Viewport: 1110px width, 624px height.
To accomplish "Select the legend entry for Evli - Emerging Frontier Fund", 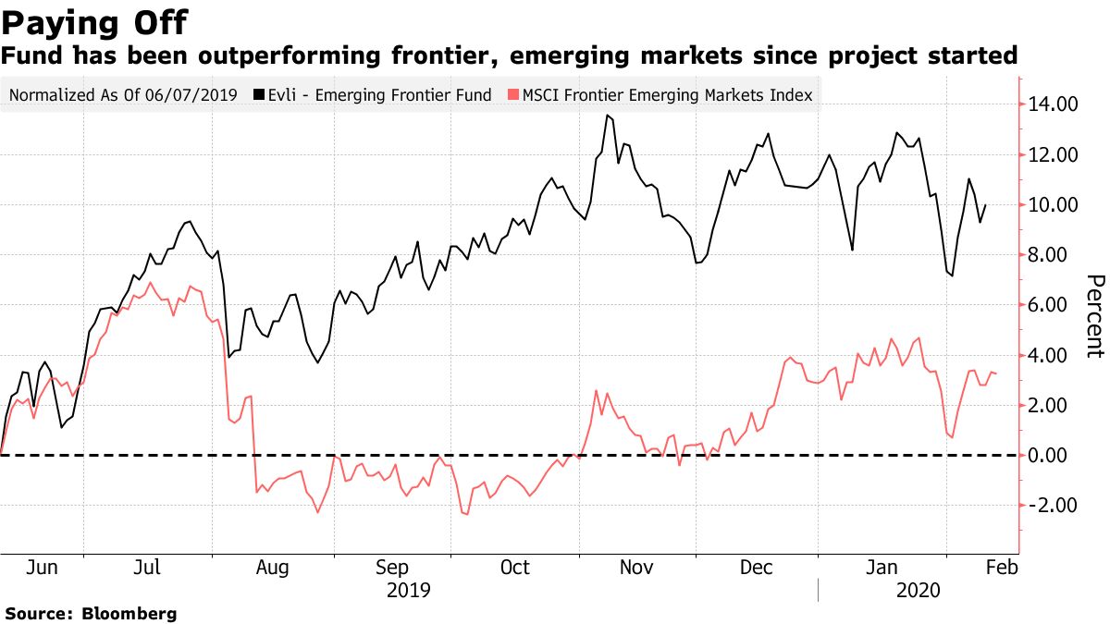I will pos(379,94).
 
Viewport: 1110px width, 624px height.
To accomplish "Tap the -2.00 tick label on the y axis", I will pos(1049,505).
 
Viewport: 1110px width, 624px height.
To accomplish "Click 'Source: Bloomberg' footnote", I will pos(91,613).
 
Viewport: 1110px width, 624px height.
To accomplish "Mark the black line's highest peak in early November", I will pos(607,115).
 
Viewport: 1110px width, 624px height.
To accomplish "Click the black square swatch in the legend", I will pos(260,94).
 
